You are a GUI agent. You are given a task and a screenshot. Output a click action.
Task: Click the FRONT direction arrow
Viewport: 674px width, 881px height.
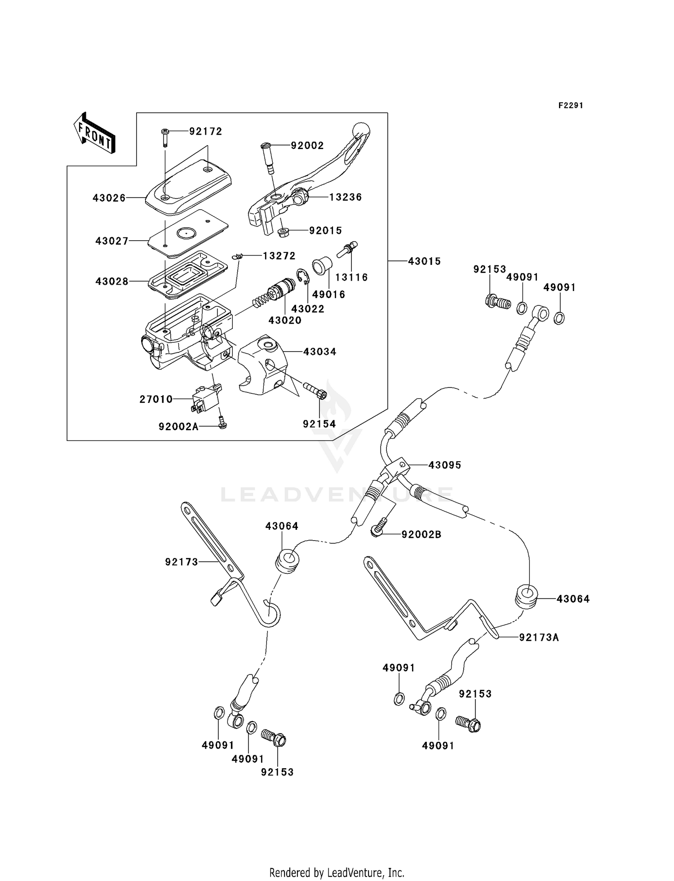click(x=94, y=133)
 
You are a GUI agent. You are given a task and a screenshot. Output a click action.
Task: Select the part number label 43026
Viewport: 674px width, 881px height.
click(x=109, y=198)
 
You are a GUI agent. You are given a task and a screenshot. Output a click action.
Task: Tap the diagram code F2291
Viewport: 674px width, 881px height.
click(x=571, y=106)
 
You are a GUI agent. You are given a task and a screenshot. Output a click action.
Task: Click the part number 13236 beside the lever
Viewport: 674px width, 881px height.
click(x=345, y=197)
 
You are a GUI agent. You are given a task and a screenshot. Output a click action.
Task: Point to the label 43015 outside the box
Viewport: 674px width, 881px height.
click(x=424, y=261)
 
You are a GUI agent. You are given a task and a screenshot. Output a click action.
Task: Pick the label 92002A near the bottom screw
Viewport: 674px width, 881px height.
click(x=178, y=427)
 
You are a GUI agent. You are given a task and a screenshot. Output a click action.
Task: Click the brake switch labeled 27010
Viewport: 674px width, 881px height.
click(x=205, y=398)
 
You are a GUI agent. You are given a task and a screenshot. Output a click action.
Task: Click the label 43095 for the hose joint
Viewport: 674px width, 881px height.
click(x=444, y=465)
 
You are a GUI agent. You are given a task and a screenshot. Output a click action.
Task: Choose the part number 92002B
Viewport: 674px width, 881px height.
click(x=421, y=534)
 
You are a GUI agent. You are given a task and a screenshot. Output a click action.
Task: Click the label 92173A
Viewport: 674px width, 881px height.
click(x=539, y=637)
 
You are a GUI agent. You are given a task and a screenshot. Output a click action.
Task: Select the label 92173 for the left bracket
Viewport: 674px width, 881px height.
click(x=182, y=562)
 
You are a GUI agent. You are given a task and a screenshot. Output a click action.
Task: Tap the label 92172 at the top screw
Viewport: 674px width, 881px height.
click(x=205, y=132)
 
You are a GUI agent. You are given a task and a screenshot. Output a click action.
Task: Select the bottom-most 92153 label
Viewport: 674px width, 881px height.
click(x=277, y=772)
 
